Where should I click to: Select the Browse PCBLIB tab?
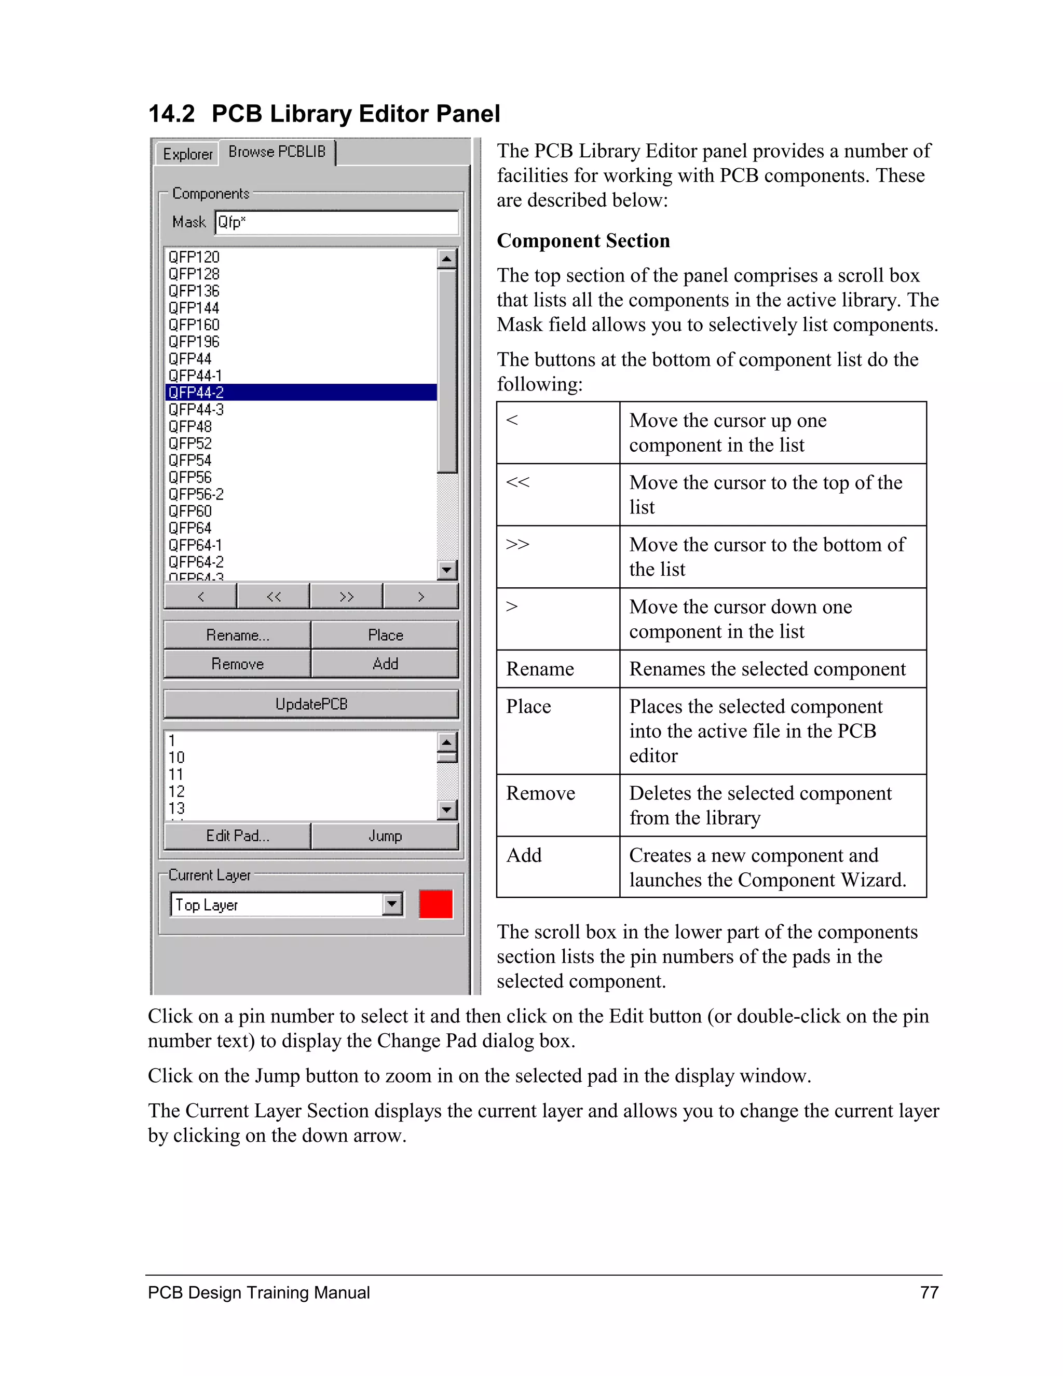pos(277,152)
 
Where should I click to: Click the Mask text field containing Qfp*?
pos(336,222)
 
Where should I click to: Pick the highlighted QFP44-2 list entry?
pos(301,393)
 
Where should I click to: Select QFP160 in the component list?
pos(194,325)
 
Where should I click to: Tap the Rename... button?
pos(237,635)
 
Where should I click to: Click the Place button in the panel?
pos(385,635)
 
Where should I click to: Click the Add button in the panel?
pos(385,664)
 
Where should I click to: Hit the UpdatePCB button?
pos(311,704)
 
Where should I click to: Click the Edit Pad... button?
pos(237,836)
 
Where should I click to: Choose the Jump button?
pos(385,836)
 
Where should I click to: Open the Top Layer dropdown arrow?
pos(392,905)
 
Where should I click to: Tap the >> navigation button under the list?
pos(346,596)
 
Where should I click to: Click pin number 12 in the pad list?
pos(176,791)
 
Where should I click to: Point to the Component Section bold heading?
pos(583,241)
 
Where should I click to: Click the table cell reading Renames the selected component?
pos(767,668)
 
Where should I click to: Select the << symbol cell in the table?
pos(517,482)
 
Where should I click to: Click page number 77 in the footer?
pos(929,1292)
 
